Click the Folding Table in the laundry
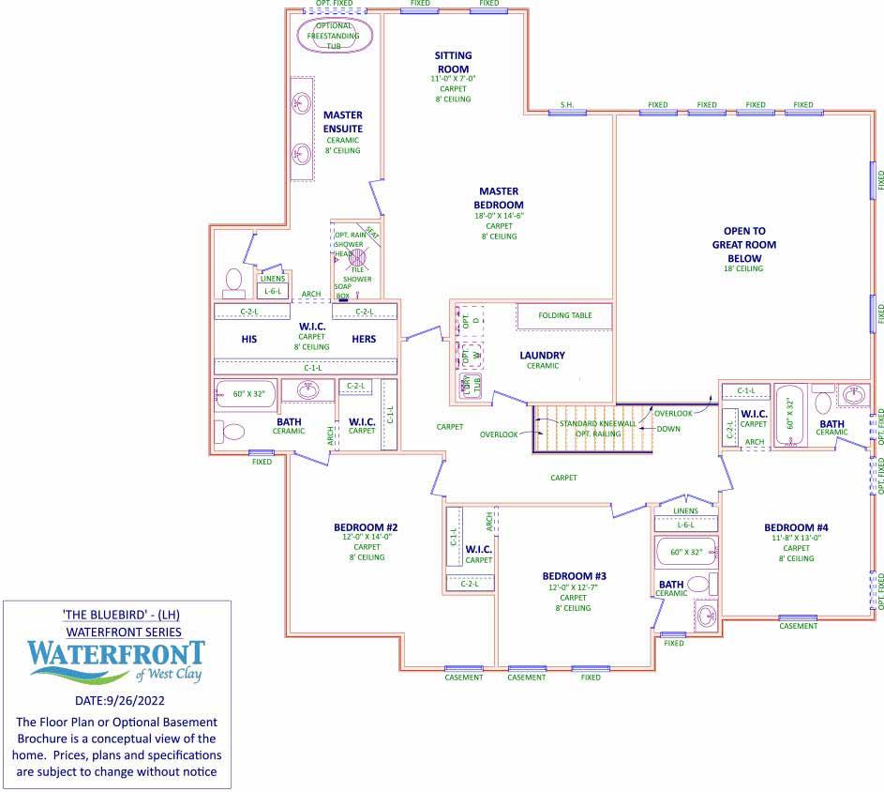(x=564, y=315)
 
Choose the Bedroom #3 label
(x=575, y=575)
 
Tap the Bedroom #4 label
(x=796, y=526)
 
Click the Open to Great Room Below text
(x=750, y=244)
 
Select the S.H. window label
(x=567, y=104)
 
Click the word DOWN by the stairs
(x=668, y=429)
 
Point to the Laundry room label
(x=542, y=355)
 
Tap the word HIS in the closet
(x=248, y=340)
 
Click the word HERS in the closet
(x=365, y=340)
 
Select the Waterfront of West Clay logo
(x=116, y=663)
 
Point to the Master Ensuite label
(x=342, y=121)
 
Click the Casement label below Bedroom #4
(x=798, y=626)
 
